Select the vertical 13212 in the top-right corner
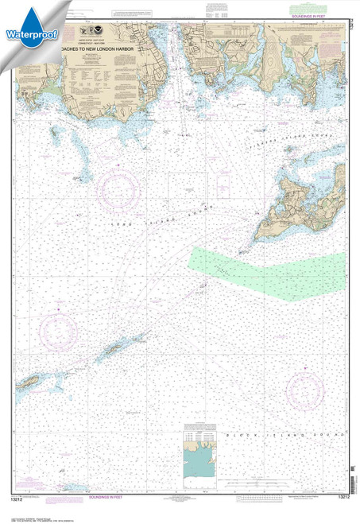click(x=353, y=17)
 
